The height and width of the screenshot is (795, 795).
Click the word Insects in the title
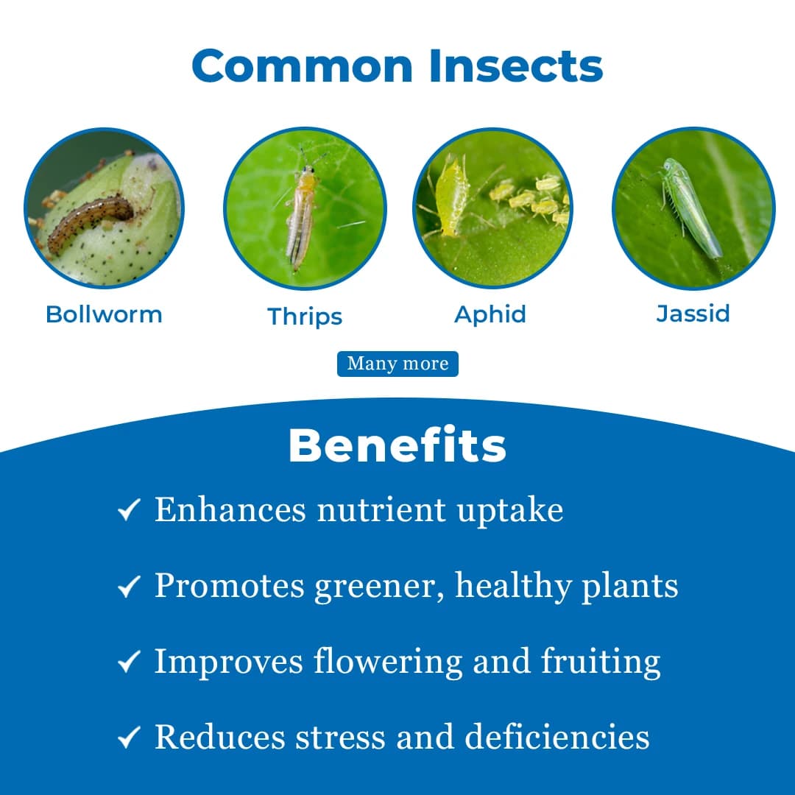[517, 66]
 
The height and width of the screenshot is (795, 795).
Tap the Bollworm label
[104, 314]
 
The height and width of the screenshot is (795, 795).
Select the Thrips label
[305, 317]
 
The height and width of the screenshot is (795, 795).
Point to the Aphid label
[490, 314]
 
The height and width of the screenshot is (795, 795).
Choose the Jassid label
[693, 314]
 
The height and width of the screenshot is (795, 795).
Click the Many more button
[397, 364]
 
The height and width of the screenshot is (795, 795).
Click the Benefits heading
[397, 445]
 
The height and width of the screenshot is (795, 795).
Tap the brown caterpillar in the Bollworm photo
[92, 222]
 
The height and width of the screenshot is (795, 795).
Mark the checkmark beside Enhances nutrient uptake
[129, 510]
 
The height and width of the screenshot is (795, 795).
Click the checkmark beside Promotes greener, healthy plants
[129, 587]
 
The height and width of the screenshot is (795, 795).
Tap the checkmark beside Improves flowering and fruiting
[129, 662]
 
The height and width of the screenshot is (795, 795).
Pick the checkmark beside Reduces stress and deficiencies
[129, 738]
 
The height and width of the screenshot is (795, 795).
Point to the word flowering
[388, 661]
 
